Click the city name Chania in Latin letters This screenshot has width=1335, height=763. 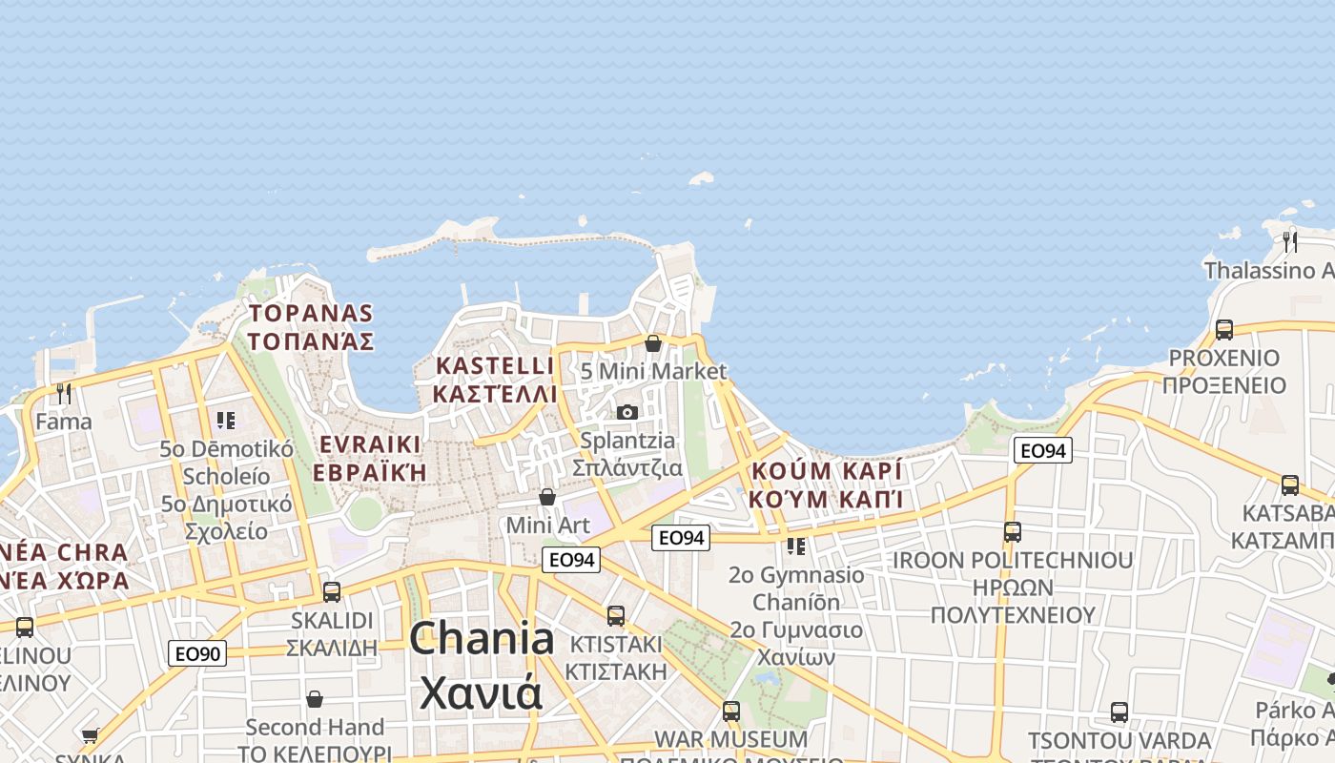(x=482, y=638)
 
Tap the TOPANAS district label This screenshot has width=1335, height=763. (x=311, y=313)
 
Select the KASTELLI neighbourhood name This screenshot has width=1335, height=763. (x=494, y=365)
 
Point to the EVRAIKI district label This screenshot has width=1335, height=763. (x=370, y=444)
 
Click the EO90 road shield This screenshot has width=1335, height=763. (x=198, y=653)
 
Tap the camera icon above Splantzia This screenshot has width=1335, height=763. (x=626, y=412)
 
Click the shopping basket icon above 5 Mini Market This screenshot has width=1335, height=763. (x=653, y=343)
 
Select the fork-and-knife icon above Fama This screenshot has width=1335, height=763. (x=64, y=393)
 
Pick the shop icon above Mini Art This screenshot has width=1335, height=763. (x=547, y=497)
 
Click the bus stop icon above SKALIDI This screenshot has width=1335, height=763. (x=332, y=591)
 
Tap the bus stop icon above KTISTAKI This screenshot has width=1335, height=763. (x=616, y=616)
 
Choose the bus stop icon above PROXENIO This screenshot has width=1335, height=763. (x=1223, y=330)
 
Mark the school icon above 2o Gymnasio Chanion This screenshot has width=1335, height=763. (x=796, y=546)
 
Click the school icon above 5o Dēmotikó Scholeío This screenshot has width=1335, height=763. (x=226, y=420)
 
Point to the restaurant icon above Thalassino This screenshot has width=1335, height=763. (x=1289, y=240)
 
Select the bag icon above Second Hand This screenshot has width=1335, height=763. (x=314, y=699)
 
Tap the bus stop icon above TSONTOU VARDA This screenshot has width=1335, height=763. (x=1119, y=711)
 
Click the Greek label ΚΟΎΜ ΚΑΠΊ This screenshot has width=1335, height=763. (x=826, y=499)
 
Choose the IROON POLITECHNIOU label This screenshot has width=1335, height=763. (x=1013, y=560)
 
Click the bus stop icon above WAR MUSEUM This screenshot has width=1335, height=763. (x=731, y=711)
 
